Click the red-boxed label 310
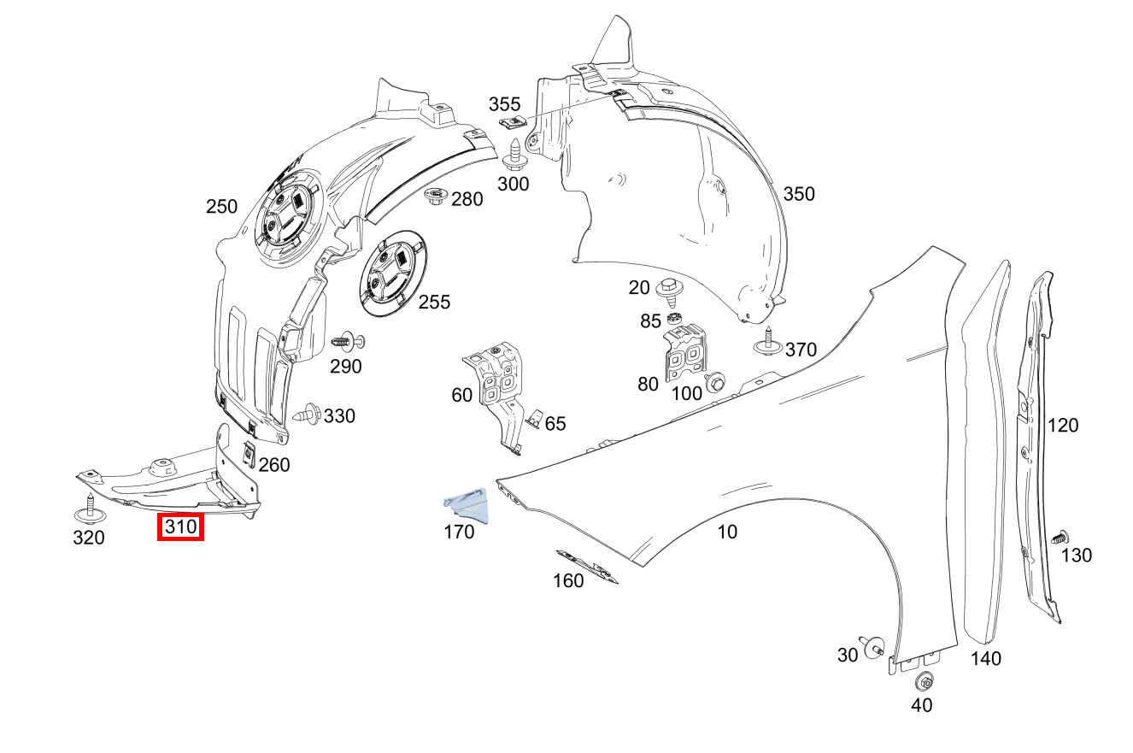[180, 528]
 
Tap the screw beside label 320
[89, 509]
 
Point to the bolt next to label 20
[670, 291]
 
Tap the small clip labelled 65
[533, 418]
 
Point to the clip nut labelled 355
[512, 125]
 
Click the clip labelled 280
[437, 197]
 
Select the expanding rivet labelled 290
[346, 341]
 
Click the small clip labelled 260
[250, 452]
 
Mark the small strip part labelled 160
[588, 567]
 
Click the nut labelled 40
[923, 681]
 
